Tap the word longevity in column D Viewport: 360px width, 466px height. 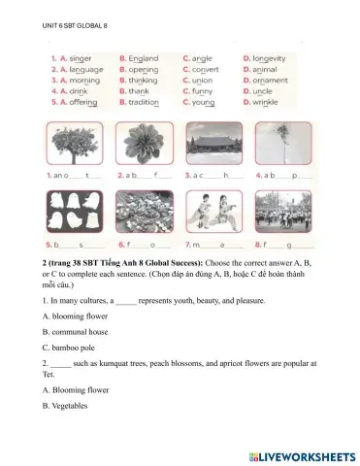click(268, 58)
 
